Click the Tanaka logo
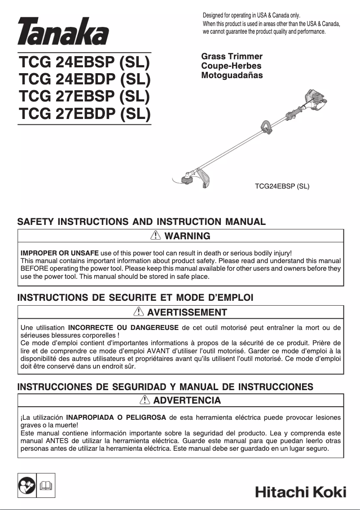point(63,32)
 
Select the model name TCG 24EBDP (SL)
point(84,79)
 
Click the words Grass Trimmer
point(232,57)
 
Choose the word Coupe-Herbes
point(231,66)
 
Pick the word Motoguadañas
point(232,75)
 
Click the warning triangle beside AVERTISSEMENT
point(139,312)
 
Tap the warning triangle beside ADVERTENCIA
point(145,400)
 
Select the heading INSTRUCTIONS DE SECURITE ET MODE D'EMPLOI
point(135,298)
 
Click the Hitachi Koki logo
point(300,492)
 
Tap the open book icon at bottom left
point(46,485)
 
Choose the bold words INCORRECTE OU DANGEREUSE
point(123,327)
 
